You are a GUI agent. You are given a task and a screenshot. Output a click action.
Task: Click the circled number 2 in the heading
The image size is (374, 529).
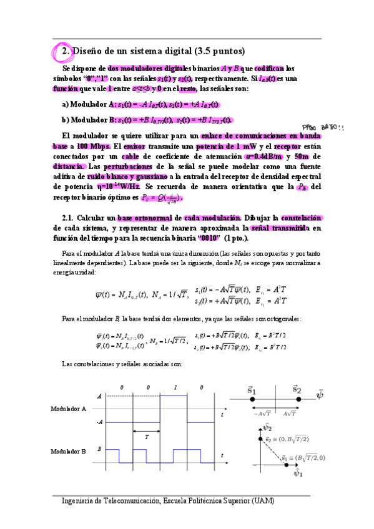64,51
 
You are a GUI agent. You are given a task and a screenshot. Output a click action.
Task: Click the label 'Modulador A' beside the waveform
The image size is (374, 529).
67,409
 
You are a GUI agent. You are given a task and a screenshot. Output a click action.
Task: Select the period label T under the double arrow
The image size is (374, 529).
147,438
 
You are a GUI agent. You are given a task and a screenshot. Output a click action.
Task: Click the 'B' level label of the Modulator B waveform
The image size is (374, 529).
99,448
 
